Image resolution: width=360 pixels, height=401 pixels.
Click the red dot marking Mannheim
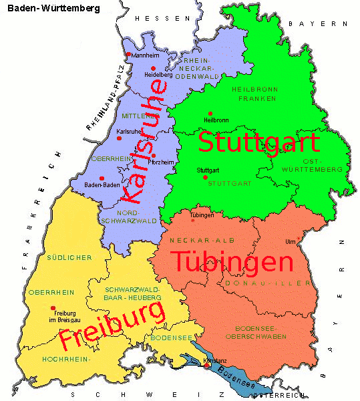coord(128,55)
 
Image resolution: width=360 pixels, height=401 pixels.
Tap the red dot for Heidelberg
coord(154,68)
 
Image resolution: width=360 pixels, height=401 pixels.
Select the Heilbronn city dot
coord(210,114)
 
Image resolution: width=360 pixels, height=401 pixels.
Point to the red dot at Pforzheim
coord(154,155)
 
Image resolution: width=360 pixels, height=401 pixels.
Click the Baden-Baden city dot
coord(102,178)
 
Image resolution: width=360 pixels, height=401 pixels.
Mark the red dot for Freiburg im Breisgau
coord(53,308)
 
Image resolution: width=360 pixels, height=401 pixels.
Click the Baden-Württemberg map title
coord(54,9)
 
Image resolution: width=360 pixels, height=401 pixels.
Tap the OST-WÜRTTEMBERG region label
coord(312,165)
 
